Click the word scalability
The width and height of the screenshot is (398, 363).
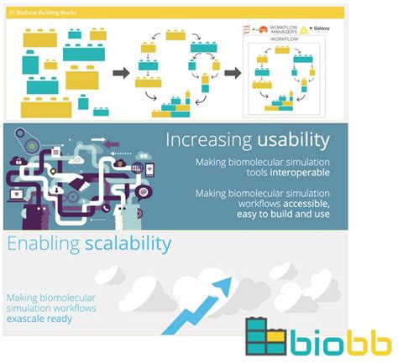pyautogui.click(x=128, y=245)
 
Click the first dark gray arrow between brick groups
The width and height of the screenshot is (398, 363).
pyautogui.click(x=120, y=74)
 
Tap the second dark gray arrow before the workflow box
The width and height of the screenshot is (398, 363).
pyautogui.click(x=233, y=74)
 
